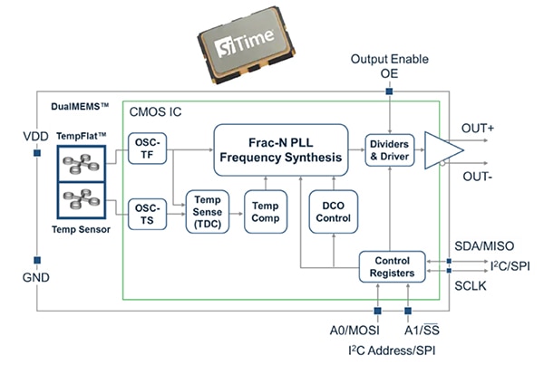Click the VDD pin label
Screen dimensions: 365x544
36,137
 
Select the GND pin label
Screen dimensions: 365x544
36,280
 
